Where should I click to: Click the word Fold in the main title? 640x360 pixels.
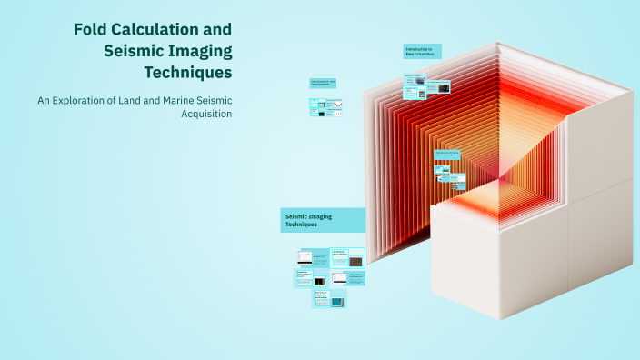[92, 30]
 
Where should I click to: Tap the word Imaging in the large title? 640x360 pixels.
[199, 51]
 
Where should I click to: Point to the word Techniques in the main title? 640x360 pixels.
[187, 72]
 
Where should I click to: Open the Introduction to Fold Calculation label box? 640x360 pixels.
[422, 52]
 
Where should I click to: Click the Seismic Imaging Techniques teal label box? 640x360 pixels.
[323, 221]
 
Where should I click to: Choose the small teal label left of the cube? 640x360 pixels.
[323, 83]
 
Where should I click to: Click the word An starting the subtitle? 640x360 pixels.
[43, 100]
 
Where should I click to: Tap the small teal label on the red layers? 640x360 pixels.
[448, 155]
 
